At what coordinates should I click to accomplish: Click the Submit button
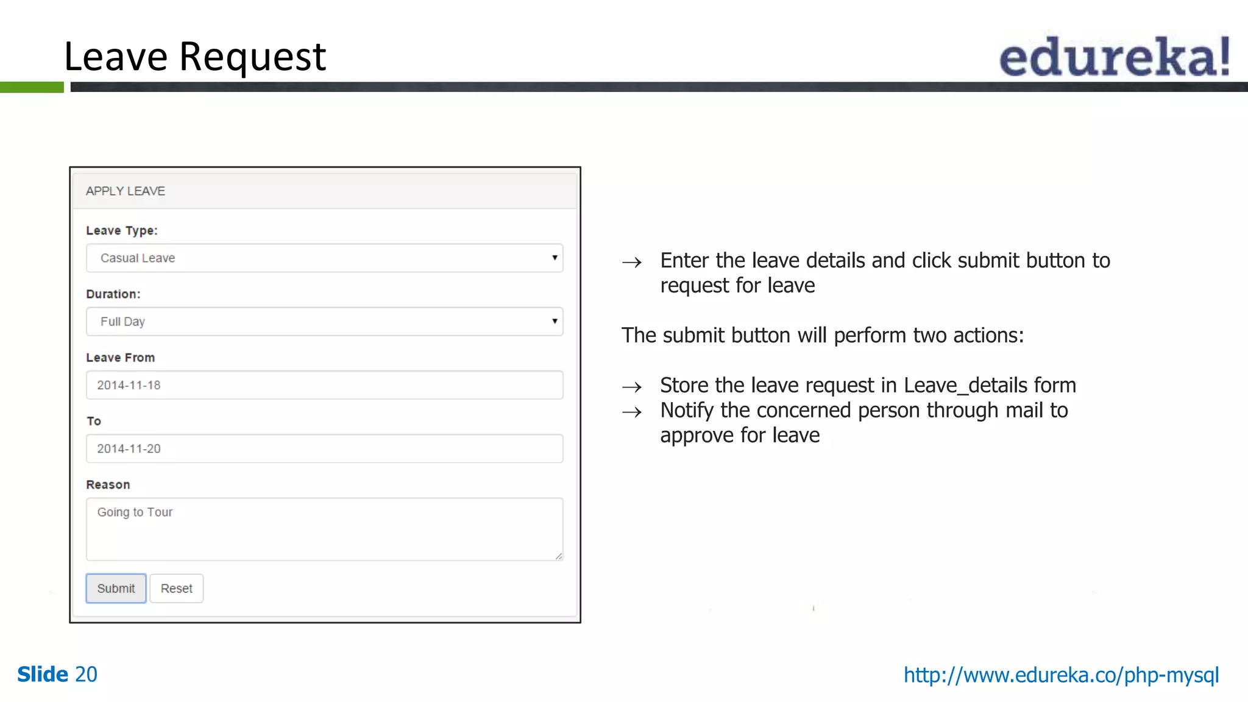116,588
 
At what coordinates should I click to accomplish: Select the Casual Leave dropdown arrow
555,258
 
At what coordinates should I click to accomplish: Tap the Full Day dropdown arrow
555,321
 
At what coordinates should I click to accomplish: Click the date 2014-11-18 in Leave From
129,385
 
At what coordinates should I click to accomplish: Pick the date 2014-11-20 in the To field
129,448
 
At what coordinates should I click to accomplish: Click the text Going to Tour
135,512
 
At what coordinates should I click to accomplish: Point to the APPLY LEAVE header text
126,191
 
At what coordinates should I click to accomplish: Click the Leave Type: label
122,231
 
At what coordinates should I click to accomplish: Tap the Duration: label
113,294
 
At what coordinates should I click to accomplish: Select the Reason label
108,484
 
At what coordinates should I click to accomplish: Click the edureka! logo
1114,57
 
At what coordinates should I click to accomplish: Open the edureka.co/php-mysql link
1061,675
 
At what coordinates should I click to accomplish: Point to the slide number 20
86,675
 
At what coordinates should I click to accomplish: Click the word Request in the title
252,57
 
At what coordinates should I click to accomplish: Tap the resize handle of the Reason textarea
559,556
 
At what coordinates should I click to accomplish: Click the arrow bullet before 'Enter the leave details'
632,263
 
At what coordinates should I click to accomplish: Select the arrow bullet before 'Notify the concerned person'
632,413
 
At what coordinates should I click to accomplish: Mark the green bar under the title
32,87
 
